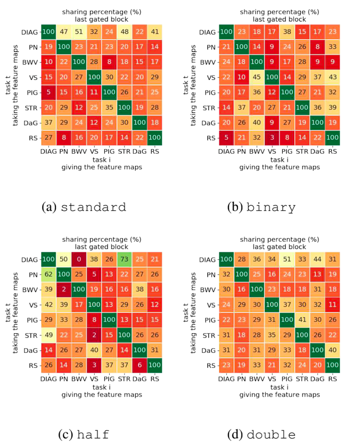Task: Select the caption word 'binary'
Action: tap(277, 208)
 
